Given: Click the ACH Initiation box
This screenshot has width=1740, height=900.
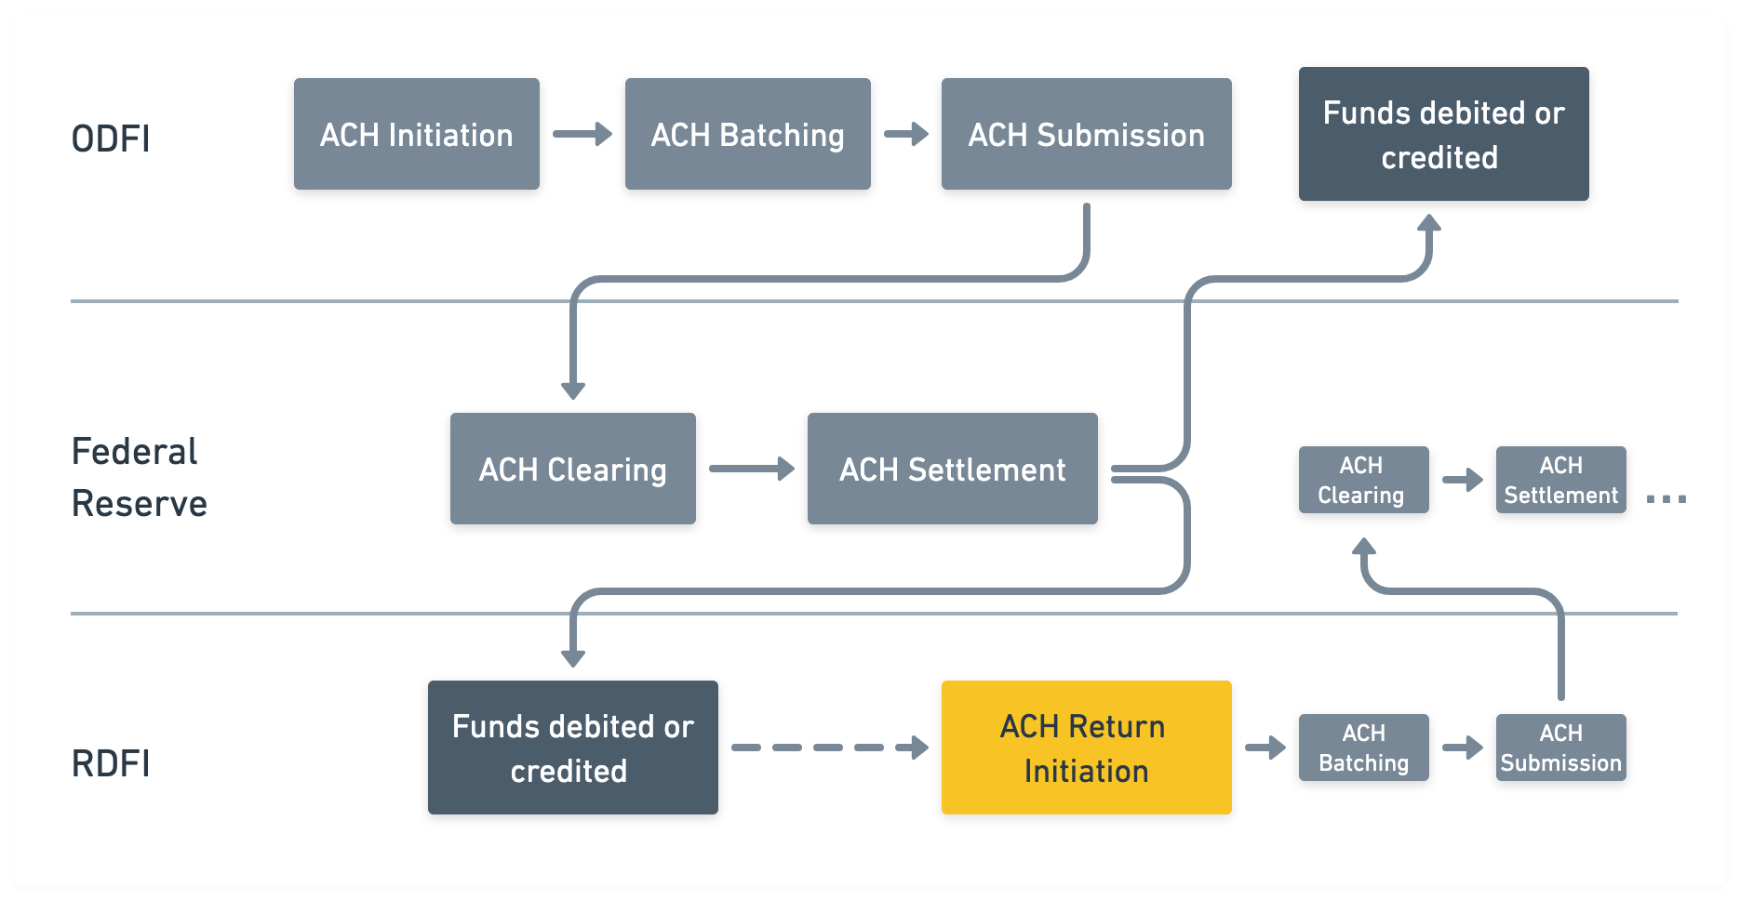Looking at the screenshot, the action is (x=417, y=134).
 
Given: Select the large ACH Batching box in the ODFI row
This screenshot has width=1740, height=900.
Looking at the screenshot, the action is (x=748, y=134).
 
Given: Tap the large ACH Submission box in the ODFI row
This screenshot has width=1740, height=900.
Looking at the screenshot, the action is (x=1087, y=134).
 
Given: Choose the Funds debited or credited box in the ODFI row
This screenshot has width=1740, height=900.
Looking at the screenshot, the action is (x=1444, y=134).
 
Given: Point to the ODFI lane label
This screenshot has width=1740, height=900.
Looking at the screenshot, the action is (x=111, y=139).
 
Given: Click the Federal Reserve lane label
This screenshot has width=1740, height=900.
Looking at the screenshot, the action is (x=140, y=477).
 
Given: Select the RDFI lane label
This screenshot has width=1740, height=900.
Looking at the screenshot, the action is (x=111, y=763).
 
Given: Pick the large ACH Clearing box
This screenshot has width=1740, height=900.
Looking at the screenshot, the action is (x=573, y=469).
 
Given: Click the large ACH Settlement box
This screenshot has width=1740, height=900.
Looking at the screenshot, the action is (x=953, y=469).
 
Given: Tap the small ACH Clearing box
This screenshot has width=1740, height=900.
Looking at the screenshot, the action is (x=1364, y=480).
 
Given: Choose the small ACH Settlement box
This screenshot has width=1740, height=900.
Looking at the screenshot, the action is (x=1561, y=480).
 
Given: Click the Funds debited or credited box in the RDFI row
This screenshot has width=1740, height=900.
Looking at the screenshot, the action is (x=573, y=748).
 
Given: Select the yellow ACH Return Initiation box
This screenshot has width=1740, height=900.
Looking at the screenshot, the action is (x=1087, y=748).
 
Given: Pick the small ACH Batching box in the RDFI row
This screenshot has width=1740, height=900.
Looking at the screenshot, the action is (x=1364, y=748).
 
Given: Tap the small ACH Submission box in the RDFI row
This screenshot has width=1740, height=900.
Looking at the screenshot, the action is (x=1561, y=748).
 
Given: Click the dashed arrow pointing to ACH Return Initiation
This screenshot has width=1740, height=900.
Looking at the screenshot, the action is (x=830, y=748).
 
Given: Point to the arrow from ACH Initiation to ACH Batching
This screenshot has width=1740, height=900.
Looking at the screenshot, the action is (x=582, y=134).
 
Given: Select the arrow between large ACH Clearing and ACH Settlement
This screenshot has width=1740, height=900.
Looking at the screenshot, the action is (x=752, y=469).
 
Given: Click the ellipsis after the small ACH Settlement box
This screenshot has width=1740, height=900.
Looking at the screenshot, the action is (x=1666, y=499).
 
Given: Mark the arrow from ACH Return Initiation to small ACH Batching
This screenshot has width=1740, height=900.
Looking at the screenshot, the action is (x=1265, y=748).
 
